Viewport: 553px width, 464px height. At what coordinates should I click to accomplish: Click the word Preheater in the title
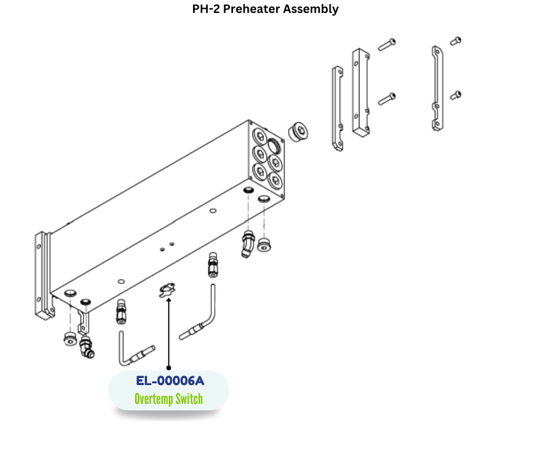coord(263,9)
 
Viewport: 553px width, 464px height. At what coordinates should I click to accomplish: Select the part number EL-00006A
coord(169,381)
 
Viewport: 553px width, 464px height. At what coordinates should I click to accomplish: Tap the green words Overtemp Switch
coord(168,399)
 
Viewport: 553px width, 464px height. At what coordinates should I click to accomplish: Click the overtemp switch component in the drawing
coord(167,289)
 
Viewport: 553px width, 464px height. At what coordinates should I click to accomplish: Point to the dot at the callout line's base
coord(169,368)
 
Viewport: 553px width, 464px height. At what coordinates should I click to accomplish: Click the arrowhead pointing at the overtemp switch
coord(169,301)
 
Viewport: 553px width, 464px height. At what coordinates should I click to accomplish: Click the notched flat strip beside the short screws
coord(436,88)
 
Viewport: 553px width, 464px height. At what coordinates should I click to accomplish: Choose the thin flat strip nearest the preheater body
coord(337,108)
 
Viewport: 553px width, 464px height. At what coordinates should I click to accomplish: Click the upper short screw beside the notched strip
coord(456,41)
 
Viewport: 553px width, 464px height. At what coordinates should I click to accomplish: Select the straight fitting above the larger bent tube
coord(212,266)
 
